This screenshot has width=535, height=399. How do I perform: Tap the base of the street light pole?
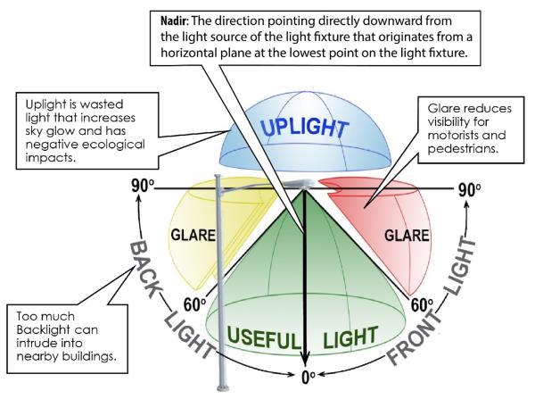[213, 384]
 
